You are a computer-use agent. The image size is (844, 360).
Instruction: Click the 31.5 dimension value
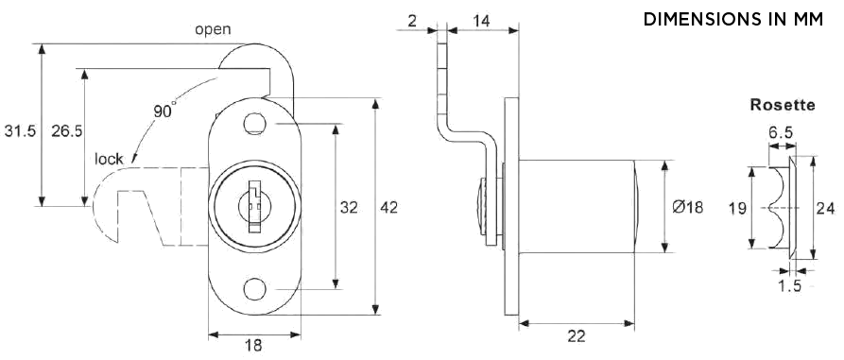point(20,131)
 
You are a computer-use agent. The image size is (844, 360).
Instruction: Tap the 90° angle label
point(164,111)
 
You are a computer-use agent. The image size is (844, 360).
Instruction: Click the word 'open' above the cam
point(213,29)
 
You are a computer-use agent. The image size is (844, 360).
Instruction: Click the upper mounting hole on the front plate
point(253,123)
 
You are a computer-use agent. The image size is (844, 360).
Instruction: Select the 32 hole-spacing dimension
point(349,207)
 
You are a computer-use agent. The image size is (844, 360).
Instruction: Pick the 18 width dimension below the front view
point(253,346)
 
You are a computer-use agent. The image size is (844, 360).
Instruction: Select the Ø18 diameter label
point(688,208)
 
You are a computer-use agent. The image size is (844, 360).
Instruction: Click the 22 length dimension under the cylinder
point(576,336)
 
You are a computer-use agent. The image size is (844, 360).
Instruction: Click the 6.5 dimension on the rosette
point(780,134)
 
